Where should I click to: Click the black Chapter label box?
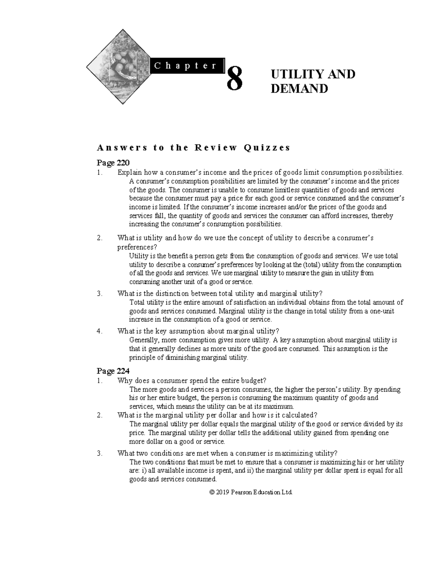point(185,66)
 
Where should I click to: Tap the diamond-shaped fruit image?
point(119,68)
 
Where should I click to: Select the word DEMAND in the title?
point(299,89)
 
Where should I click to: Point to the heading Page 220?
point(113,162)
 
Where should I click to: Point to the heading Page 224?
point(113,371)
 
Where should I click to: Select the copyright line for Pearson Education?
point(251,492)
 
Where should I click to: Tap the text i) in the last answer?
point(143,471)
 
